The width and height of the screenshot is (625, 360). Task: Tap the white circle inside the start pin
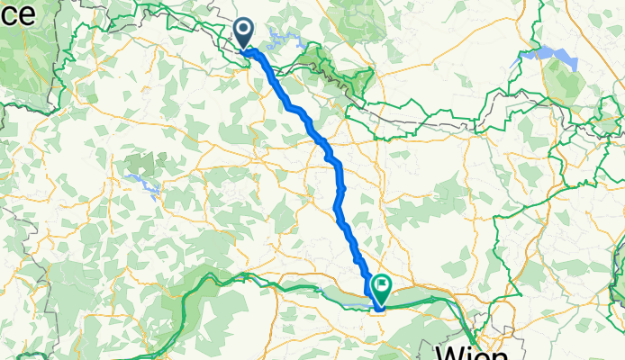[x=244, y=31]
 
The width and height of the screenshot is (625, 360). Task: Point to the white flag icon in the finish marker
[x=382, y=287]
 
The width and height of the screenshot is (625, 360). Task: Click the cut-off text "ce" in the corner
[x=17, y=13]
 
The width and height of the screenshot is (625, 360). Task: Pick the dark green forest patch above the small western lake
[x=140, y=164]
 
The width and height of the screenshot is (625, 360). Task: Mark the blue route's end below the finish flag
[x=377, y=310]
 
